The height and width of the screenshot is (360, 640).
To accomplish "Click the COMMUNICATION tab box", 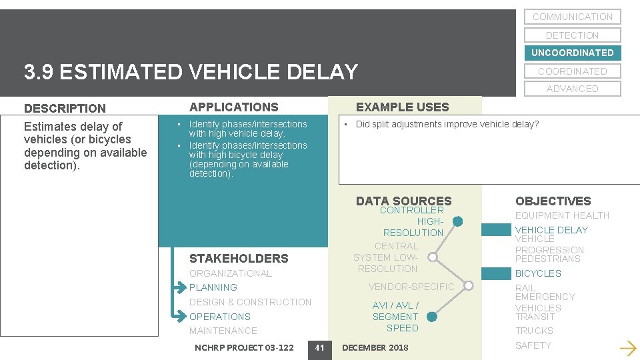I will coord(572,17).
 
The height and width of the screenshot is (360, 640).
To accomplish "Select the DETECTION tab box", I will coord(572,35).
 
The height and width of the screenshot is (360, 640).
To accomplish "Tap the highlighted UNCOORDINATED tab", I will coord(572,53).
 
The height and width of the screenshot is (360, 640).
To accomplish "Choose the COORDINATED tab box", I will coord(572,71).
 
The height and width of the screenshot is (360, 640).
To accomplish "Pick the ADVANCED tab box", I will coord(572,89).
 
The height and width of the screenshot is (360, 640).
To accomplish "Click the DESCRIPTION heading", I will coord(65,108).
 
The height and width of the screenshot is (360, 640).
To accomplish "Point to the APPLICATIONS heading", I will coord(234,107).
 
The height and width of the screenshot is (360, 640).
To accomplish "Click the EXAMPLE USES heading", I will coord(402,107).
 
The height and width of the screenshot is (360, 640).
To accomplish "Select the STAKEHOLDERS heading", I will coord(239,259).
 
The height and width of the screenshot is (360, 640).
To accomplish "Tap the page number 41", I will coord(319,347).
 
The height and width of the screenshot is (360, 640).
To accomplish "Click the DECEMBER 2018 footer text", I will coord(375,347).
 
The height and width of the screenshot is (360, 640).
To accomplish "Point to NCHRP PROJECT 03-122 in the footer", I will coord(244,347).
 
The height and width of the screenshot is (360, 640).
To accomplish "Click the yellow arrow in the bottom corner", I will coord(627,347).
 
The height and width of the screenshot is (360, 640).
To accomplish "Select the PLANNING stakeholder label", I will coord(213,287).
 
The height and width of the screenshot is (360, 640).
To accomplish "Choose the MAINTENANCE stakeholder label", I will coord(223,331).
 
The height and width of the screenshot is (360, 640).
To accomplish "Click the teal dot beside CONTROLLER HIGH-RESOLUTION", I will coord(457,221).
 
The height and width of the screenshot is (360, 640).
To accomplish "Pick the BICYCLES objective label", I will coord(538,273).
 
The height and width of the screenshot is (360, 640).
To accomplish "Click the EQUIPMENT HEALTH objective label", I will coord(562,215).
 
